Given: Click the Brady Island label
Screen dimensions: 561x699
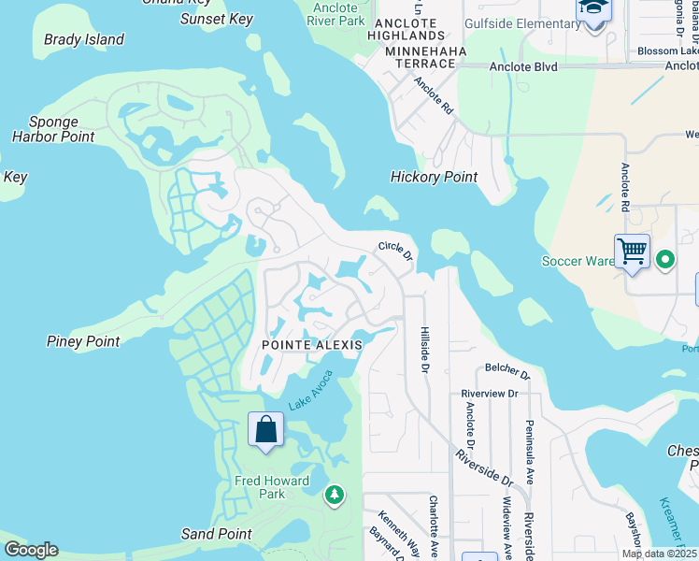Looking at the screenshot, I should click(x=84, y=39).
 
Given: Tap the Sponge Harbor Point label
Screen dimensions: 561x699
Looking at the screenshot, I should click(x=53, y=130).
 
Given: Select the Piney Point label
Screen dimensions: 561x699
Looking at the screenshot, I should click(x=83, y=341).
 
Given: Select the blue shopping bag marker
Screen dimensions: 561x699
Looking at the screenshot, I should click(x=266, y=430).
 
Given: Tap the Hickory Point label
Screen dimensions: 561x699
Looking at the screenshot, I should click(x=434, y=177).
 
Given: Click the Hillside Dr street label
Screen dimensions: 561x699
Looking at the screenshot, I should click(x=424, y=351).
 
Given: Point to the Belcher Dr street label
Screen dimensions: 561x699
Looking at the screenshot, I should click(x=507, y=374).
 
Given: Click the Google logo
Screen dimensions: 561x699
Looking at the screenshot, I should click(x=31, y=550).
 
